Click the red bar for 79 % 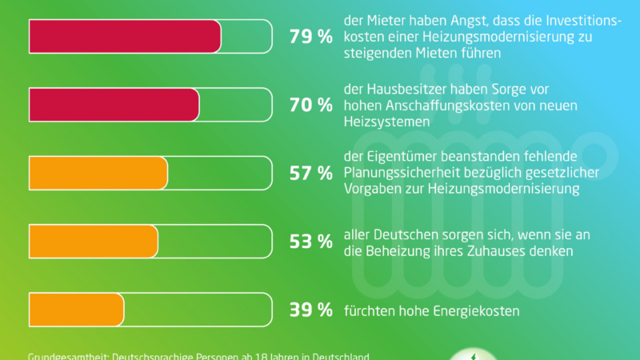click(124, 36)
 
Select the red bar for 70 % click(114, 105)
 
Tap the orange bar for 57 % click(98, 173)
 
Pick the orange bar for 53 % click(93, 242)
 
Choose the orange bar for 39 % click(76, 310)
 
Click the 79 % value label click(310, 37)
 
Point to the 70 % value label click(310, 105)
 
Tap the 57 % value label click(310, 174)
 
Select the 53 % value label click(310, 242)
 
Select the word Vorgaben click(373, 189)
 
